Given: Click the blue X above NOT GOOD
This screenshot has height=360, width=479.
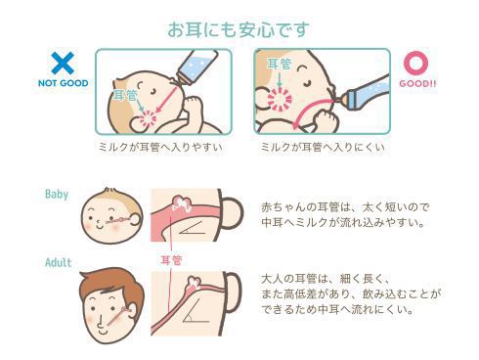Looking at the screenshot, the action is click(63, 63).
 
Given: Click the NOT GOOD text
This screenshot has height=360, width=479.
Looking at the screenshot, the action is click(64, 83).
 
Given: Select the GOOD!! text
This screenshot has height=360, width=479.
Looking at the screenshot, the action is click(417, 83).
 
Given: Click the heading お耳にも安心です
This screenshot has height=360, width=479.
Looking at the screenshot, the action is click(239, 29).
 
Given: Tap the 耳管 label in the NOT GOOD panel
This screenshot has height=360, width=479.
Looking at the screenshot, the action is click(125, 95).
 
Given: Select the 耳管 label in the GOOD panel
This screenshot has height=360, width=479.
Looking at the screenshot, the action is click(280, 64).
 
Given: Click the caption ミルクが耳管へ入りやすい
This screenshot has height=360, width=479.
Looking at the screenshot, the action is click(161, 147).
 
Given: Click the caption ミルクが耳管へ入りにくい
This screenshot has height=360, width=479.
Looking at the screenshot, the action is click(323, 147).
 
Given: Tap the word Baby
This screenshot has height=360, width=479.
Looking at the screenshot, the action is click(57, 195).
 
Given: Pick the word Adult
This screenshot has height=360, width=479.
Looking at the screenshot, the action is click(59, 262).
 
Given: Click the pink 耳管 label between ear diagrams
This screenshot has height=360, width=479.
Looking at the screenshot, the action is click(171, 260).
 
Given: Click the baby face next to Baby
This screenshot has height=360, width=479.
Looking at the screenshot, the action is click(112, 215).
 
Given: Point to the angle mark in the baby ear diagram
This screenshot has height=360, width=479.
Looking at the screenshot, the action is click(193, 228).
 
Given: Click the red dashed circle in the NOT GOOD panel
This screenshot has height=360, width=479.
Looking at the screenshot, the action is click(149, 119).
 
